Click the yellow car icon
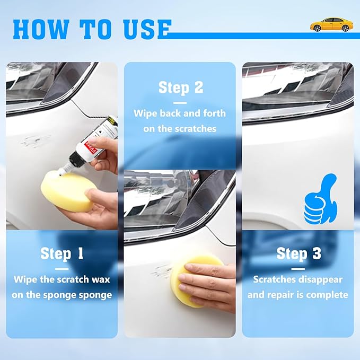point(331,24)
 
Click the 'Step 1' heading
point(62,253)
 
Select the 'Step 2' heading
point(181,87)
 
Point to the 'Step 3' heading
point(298,253)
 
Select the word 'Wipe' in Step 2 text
point(146,113)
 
